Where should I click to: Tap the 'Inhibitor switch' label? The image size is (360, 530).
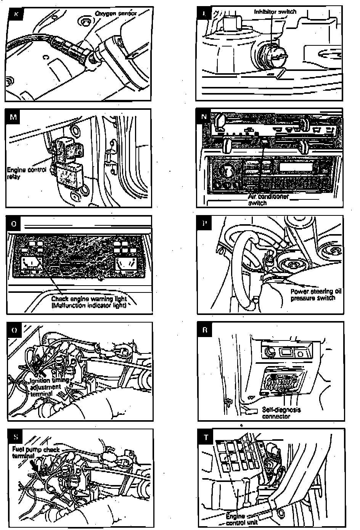pyautogui.click(x=275, y=11)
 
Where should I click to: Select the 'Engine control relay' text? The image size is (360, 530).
pyautogui.click(x=27, y=173)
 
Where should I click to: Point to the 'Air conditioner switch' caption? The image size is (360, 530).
pyautogui.click(x=268, y=200)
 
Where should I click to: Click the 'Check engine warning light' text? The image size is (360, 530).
pyautogui.click(x=89, y=299)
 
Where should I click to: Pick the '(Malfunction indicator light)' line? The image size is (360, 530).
pyautogui.click(x=89, y=305)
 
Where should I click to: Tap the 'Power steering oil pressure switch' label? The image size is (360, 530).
pyautogui.click(x=316, y=294)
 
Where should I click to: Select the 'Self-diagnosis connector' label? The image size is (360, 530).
pyautogui.click(x=281, y=413)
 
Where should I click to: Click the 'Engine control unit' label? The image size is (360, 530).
pyautogui.click(x=241, y=520)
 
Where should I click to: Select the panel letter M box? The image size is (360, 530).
pyautogui.click(x=14, y=117)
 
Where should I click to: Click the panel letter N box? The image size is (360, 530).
pyautogui.click(x=204, y=117)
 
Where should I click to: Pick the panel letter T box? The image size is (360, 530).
pyautogui.click(x=206, y=437)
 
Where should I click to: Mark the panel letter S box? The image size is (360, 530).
pyautogui.click(x=15, y=437)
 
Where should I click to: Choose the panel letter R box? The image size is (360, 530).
pyautogui.click(x=205, y=330)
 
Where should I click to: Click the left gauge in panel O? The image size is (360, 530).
pyautogui.click(x=31, y=265)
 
